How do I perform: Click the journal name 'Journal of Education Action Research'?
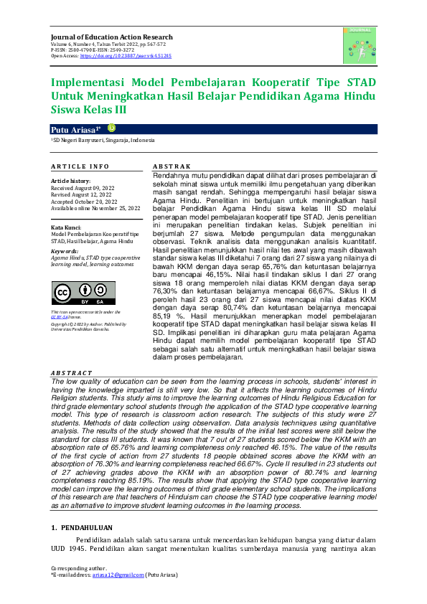click(111, 37)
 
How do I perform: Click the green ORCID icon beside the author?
click(111, 128)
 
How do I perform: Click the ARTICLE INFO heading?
click(80, 166)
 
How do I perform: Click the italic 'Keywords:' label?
click(65, 252)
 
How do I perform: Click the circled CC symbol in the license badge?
click(62, 292)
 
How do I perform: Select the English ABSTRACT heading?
click(72, 373)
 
